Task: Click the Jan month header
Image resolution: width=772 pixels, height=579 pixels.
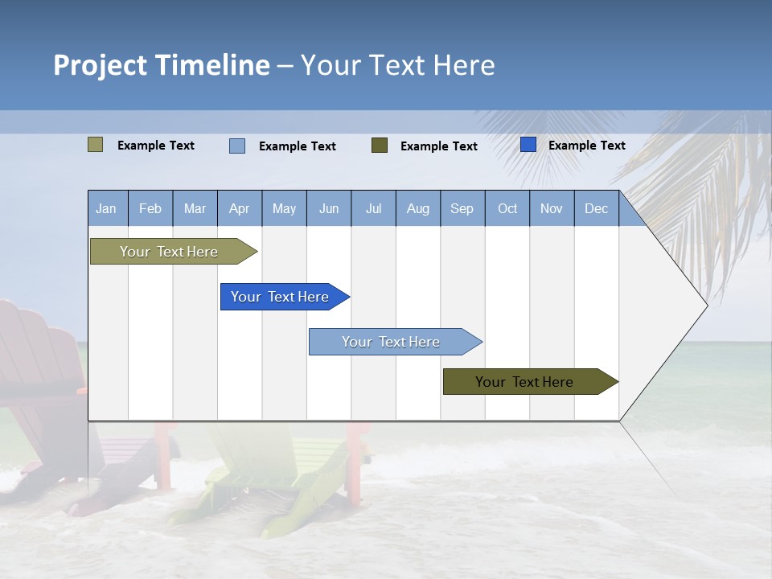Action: pos(107,208)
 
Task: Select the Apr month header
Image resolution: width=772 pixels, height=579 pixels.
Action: pos(240,208)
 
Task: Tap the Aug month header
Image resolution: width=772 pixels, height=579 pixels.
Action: pos(418,208)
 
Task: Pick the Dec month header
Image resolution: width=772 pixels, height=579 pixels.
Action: pos(597,208)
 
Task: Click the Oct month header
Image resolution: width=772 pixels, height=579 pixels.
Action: pos(507,208)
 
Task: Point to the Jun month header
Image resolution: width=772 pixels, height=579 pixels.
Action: pos(329,208)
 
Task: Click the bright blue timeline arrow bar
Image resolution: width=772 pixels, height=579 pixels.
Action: pos(281,297)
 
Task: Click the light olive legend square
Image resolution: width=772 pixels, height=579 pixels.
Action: pos(96,145)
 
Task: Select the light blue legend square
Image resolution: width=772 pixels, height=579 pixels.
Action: pos(237,146)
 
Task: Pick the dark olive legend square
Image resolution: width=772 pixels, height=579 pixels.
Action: pos(380,145)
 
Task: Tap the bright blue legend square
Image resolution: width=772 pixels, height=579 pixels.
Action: pos(528,145)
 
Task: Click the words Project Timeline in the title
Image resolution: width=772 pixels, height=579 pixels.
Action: pos(161,65)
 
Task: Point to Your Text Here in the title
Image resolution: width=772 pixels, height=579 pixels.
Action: pos(398,65)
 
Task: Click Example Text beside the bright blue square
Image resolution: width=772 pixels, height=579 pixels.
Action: pos(586,146)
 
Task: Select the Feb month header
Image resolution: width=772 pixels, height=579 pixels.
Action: pos(150,208)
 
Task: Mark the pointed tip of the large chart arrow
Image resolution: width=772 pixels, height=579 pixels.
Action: pos(705,306)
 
